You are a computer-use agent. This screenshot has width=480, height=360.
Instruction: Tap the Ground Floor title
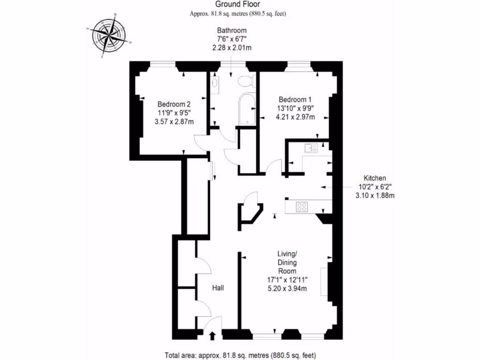point(238,5)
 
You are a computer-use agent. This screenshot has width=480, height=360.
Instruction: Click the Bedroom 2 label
point(174,104)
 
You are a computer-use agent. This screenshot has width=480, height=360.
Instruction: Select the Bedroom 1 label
point(295,99)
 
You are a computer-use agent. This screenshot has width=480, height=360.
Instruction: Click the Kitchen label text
point(375,178)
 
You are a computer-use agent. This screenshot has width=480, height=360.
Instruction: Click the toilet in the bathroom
point(246,82)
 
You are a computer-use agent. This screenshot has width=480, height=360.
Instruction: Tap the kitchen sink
point(311,148)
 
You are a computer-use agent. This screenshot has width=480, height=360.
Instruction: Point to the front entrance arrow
point(212,335)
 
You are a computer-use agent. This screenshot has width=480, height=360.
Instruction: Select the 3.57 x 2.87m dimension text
point(174,121)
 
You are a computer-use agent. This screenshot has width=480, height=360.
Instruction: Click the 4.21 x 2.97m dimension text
point(295,117)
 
